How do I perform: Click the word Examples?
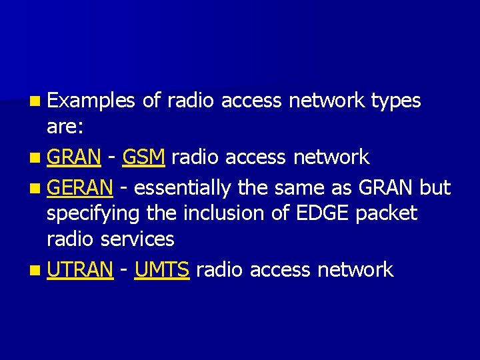pyautogui.click(x=92, y=101)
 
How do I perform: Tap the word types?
pyautogui.click(x=396, y=101)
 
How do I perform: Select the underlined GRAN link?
pyautogui.click(x=74, y=157)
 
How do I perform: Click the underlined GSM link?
pyautogui.click(x=144, y=157)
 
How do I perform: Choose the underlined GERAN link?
pyautogui.click(x=80, y=188)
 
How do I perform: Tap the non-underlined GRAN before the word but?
pyautogui.click(x=386, y=188)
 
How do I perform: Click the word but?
pyautogui.click(x=435, y=188)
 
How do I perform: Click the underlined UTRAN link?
pyautogui.click(x=80, y=270)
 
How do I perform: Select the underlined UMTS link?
pyautogui.click(x=162, y=270)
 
